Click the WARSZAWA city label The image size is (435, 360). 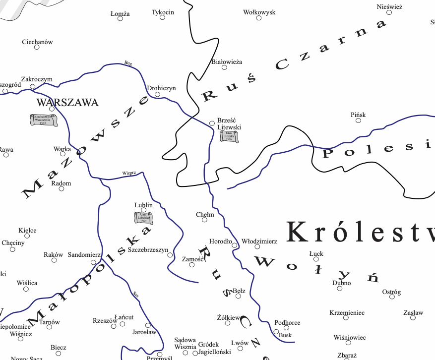tap(67, 103)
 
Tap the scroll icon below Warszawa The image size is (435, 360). tap(43, 120)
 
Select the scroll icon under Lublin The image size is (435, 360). tap(144, 218)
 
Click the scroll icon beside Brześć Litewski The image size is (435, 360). tap(229, 136)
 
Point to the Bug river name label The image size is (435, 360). tap(128, 63)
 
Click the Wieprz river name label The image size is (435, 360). tap(129, 173)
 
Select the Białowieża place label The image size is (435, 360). tap(226, 62)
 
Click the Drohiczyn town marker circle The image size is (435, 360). tap(157, 94)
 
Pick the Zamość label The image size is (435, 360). tap(193, 259)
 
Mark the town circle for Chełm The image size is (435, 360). tap(204, 220)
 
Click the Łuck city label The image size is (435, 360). tap(316, 253)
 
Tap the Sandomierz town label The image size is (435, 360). tap(84, 255)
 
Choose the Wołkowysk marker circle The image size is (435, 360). tap(258, 18)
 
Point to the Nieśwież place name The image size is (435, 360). tap(389, 7)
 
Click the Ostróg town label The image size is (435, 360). tap(391, 292)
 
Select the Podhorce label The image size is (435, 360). tap(287, 322)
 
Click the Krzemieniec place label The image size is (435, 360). tap(347, 313)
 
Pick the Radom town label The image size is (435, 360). tap(62, 183)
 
